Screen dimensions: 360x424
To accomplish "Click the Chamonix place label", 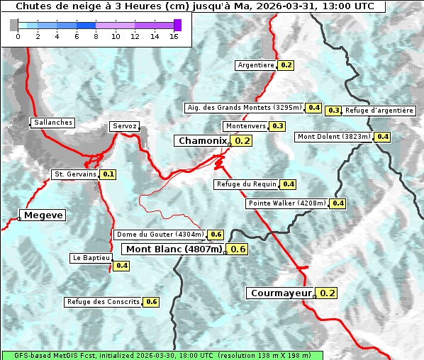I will click(203, 141).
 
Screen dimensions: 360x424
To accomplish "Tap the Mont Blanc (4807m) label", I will click(174, 249).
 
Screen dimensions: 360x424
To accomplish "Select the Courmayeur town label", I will click(281, 293).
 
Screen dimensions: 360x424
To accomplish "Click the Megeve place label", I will click(43, 215).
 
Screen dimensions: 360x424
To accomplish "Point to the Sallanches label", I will click(53, 123).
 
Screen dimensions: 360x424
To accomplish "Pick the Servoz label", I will click(124, 126).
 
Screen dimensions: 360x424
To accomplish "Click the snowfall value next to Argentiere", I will click(286, 65).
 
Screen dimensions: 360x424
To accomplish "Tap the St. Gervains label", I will click(75, 174).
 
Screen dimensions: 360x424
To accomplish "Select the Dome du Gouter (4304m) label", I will click(160, 235).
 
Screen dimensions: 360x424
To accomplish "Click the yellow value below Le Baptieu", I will click(122, 266).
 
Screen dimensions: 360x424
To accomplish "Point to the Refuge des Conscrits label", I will click(104, 302).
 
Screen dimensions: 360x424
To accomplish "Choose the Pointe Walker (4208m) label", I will click(287, 203).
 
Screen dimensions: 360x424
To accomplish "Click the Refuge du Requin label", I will click(246, 184).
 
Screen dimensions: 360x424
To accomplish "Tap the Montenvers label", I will click(245, 126).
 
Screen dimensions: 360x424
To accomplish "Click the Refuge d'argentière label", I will click(379, 111).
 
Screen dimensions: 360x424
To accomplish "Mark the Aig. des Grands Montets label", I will click(243, 108).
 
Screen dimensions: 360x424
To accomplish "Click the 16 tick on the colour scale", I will click(174, 36).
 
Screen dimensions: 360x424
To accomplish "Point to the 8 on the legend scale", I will click(96, 36).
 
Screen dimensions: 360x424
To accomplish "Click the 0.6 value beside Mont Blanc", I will click(238, 249).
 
